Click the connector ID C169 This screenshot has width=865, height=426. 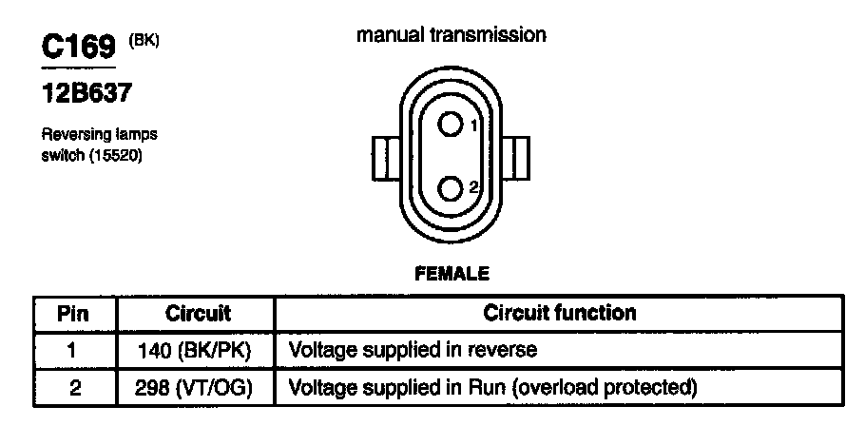pos(76,48)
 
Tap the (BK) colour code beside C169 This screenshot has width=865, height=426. pos(143,40)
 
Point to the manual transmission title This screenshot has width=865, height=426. pos(452,35)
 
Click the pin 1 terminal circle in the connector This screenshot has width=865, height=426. pos(451,124)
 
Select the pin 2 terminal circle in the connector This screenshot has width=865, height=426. pos(451,187)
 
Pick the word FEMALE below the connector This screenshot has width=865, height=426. pos(452,274)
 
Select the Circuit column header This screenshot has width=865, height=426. pos(198,313)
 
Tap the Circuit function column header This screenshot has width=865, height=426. pos(560,312)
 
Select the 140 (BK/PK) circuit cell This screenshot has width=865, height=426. pos(197,351)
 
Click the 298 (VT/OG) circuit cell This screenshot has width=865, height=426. pos(197,388)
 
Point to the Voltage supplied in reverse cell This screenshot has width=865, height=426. pos(413,350)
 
